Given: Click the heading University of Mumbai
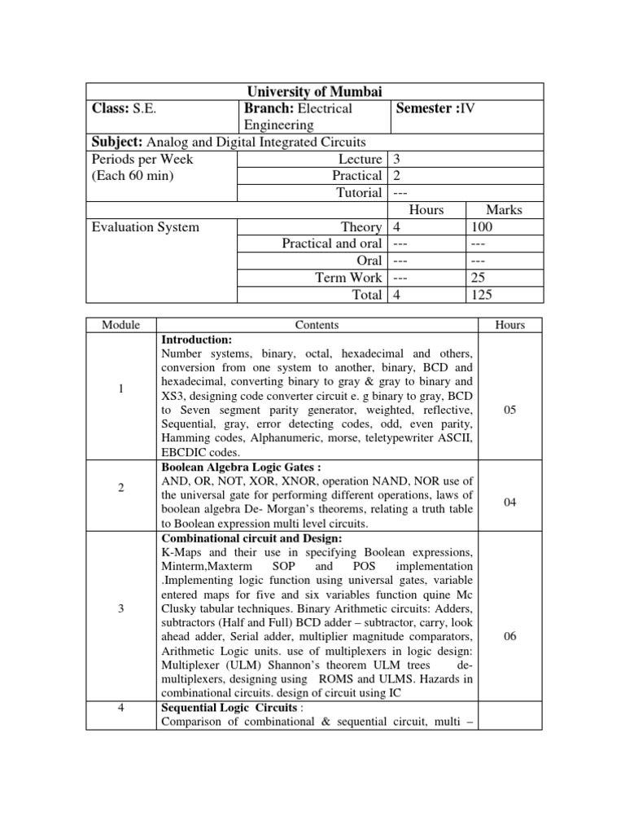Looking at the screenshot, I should click(x=313, y=91).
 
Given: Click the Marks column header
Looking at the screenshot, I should click(x=503, y=209).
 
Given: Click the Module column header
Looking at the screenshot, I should click(x=120, y=325).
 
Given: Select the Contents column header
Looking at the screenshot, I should click(x=317, y=325).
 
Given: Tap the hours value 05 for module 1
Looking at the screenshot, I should click(x=510, y=410).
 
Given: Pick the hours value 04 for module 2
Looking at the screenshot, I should click(x=510, y=503).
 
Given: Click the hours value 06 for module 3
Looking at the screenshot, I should click(x=510, y=637).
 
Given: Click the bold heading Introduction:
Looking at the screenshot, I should click(x=197, y=339).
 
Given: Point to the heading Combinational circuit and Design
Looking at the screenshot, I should click(x=252, y=538).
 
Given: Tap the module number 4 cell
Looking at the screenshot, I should click(x=120, y=708).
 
